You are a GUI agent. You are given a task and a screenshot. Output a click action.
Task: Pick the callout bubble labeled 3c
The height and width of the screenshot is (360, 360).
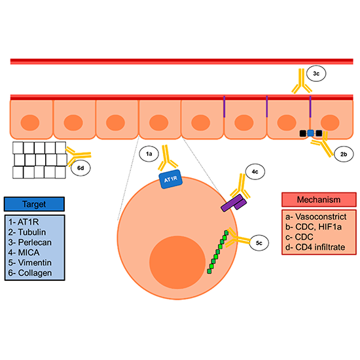click(316, 73)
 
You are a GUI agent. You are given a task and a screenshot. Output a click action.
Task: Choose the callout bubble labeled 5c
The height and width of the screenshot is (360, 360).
click(260, 244)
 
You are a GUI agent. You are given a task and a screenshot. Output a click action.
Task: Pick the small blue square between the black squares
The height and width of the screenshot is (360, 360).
click(311, 134)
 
